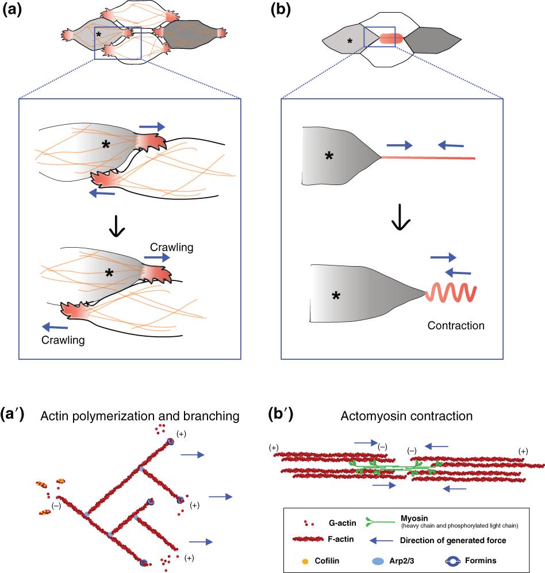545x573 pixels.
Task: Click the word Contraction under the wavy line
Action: pos(456,326)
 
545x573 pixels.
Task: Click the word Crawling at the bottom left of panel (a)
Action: pos(64,340)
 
